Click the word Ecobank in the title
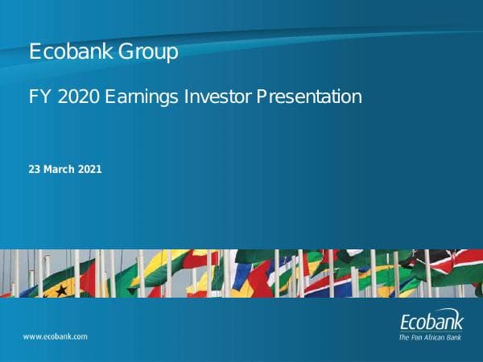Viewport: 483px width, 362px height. point(71,51)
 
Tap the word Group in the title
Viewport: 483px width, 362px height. point(148,52)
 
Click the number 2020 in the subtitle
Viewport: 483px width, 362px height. point(79,97)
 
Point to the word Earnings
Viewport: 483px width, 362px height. point(142,97)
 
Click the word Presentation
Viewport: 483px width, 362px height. point(309,97)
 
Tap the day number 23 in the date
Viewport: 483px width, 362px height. point(34,169)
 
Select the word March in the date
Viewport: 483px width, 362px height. point(59,169)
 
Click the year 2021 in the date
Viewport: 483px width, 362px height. point(90,169)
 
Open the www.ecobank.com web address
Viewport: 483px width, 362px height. point(55,336)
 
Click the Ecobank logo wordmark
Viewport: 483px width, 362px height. point(431,322)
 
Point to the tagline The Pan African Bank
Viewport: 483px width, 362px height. point(431,337)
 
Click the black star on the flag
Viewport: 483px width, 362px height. point(61,290)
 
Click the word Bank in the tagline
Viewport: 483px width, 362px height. point(454,337)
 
